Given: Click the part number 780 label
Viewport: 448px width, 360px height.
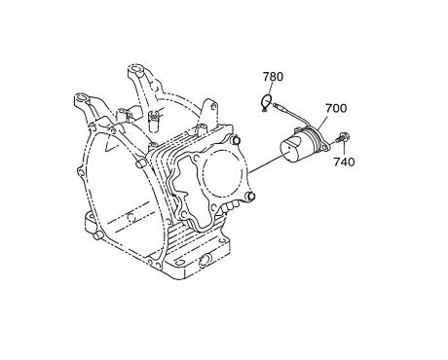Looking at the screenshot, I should (x=274, y=76).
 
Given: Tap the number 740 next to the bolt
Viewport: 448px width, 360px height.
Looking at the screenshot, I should (x=344, y=162).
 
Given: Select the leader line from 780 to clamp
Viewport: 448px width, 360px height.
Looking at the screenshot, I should (x=273, y=89).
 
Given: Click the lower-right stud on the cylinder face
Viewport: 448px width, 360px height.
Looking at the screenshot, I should (x=251, y=199).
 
